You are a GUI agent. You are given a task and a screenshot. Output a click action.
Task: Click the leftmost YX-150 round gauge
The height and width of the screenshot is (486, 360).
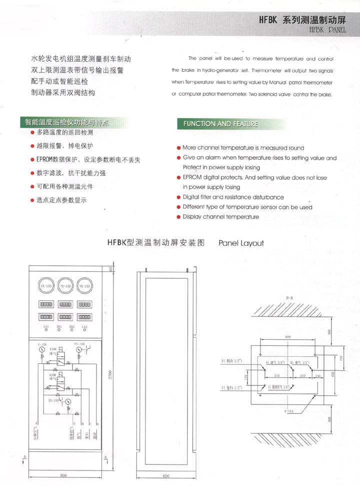[46, 286]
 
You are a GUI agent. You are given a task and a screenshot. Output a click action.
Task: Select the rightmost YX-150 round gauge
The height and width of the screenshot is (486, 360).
[84, 286]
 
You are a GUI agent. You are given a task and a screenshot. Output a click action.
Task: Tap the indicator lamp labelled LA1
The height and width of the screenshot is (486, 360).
[46, 327]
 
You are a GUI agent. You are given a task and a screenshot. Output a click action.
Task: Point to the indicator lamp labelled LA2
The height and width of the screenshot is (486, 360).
[84, 327]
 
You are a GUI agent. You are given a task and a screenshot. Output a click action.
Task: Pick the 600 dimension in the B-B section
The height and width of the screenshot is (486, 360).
[288, 337]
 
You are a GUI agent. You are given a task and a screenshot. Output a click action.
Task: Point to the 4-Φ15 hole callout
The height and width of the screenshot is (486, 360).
[286, 411]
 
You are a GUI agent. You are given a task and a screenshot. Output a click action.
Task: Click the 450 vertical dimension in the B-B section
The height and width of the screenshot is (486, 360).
[333, 374]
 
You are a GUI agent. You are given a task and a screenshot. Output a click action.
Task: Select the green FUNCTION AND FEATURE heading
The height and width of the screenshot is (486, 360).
[220, 124]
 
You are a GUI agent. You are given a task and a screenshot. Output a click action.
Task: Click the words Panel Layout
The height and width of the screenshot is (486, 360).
[241, 243]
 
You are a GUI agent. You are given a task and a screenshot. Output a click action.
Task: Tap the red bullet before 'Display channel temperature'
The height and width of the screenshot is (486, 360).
[178, 217]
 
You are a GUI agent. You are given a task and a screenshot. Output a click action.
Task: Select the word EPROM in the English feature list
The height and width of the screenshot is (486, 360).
[191, 177]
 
